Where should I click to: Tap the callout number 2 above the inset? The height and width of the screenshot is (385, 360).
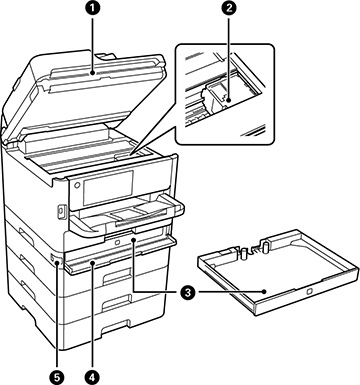click(232, 9)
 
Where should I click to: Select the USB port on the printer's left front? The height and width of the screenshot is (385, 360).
click(61, 213)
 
